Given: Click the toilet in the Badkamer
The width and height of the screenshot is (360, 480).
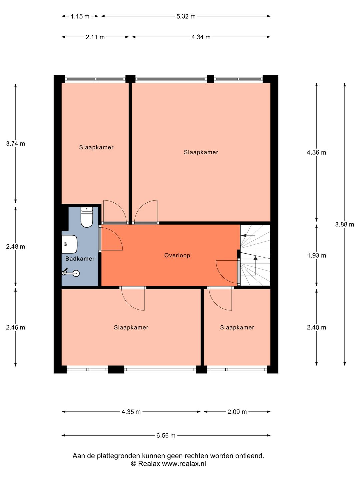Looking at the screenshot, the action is tap(87, 217).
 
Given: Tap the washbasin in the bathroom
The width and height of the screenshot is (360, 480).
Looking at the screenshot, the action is tap(69, 244).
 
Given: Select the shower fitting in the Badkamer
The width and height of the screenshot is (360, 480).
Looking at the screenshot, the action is tap(71, 273).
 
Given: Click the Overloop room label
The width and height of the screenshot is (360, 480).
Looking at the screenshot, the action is tap(177, 255).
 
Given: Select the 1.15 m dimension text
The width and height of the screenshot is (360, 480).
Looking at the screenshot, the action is tap(80, 16).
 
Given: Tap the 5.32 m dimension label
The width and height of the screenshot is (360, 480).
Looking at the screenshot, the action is tap(186, 16).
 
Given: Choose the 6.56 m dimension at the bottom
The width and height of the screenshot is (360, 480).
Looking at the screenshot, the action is tap(166, 435).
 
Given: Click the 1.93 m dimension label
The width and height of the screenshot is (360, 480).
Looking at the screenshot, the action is tap(317, 255).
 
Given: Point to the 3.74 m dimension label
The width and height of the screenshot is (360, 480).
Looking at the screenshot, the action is tap(16, 143).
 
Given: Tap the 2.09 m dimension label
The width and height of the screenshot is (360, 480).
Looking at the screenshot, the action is tap(237, 412).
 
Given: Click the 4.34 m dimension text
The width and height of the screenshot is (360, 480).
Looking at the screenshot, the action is tap(201, 37).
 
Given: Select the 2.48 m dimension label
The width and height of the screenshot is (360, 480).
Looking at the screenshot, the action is tap(16, 246).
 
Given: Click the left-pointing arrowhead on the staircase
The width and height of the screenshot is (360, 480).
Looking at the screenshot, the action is tap(243, 236).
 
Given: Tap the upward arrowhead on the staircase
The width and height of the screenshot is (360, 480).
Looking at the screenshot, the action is tap(255, 258).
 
